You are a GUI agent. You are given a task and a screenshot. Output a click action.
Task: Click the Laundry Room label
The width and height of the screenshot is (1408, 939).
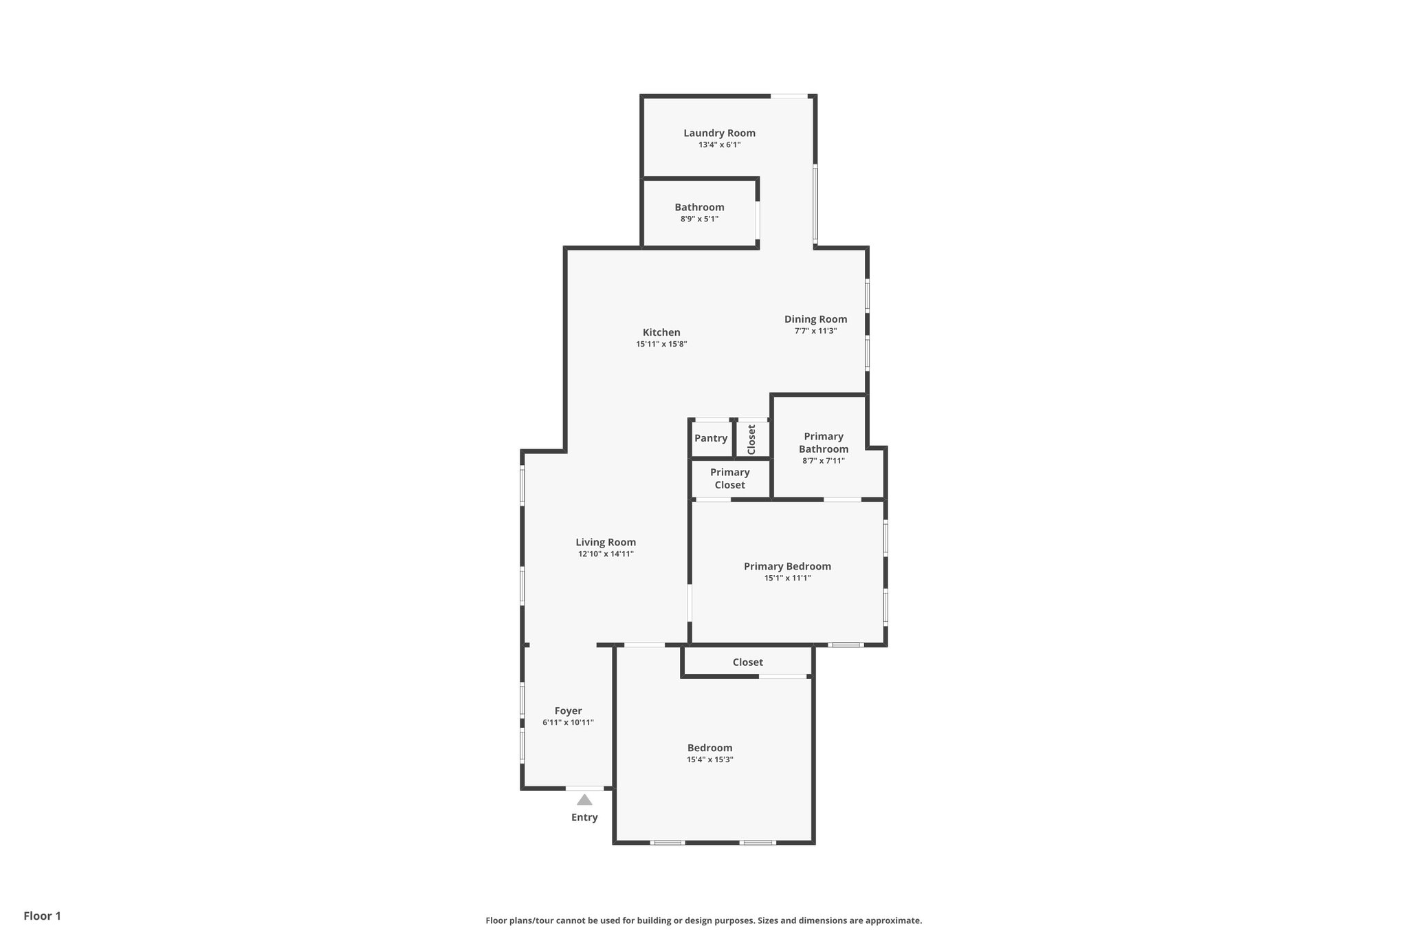pyautogui.click(x=719, y=133)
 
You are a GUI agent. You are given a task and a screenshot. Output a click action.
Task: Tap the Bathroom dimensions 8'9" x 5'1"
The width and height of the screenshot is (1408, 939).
pyautogui.click(x=699, y=219)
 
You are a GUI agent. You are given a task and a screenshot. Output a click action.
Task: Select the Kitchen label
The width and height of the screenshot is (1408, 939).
pyautogui.click(x=661, y=332)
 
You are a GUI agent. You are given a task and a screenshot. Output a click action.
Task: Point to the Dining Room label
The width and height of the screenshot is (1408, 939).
pyautogui.click(x=815, y=319)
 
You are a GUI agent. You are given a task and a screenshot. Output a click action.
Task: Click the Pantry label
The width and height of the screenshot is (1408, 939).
pyautogui.click(x=711, y=438)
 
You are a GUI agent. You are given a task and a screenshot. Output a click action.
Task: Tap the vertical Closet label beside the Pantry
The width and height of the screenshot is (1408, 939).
pyautogui.click(x=751, y=439)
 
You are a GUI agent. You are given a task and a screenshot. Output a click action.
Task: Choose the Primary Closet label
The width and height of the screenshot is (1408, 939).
pyautogui.click(x=729, y=478)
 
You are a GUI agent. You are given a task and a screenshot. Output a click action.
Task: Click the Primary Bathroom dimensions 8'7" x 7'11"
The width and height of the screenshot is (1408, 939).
pyautogui.click(x=823, y=461)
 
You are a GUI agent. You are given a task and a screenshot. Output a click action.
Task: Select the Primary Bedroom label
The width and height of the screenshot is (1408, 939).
pyautogui.click(x=787, y=566)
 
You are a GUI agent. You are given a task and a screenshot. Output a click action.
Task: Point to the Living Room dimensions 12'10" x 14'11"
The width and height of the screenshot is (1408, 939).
pyautogui.click(x=606, y=554)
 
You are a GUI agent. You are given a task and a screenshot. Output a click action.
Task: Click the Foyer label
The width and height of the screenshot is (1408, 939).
pyautogui.click(x=568, y=711)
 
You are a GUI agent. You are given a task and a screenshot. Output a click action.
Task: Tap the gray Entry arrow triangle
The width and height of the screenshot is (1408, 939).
pyautogui.click(x=584, y=799)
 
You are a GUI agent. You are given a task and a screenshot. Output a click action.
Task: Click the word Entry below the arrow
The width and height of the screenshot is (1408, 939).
pyautogui.click(x=584, y=817)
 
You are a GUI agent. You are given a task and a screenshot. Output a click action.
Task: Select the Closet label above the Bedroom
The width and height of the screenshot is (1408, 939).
pyautogui.click(x=747, y=662)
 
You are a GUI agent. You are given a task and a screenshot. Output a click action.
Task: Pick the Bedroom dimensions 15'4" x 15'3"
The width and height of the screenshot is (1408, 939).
pyautogui.click(x=709, y=759)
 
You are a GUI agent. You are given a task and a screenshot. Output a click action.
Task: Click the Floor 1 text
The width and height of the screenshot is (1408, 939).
pyautogui.click(x=42, y=916)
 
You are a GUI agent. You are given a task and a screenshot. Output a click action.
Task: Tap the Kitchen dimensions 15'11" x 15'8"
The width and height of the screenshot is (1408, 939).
pyautogui.click(x=661, y=344)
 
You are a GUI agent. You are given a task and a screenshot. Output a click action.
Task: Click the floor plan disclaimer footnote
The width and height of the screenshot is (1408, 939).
pyautogui.click(x=703, y=920)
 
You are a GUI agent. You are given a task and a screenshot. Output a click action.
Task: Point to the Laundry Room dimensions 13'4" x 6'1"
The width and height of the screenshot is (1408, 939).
pyautogui.click(x=719, y=144)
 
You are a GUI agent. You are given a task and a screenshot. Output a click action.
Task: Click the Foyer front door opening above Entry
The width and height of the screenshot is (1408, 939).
pyautogui.click(x=585, y=788)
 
